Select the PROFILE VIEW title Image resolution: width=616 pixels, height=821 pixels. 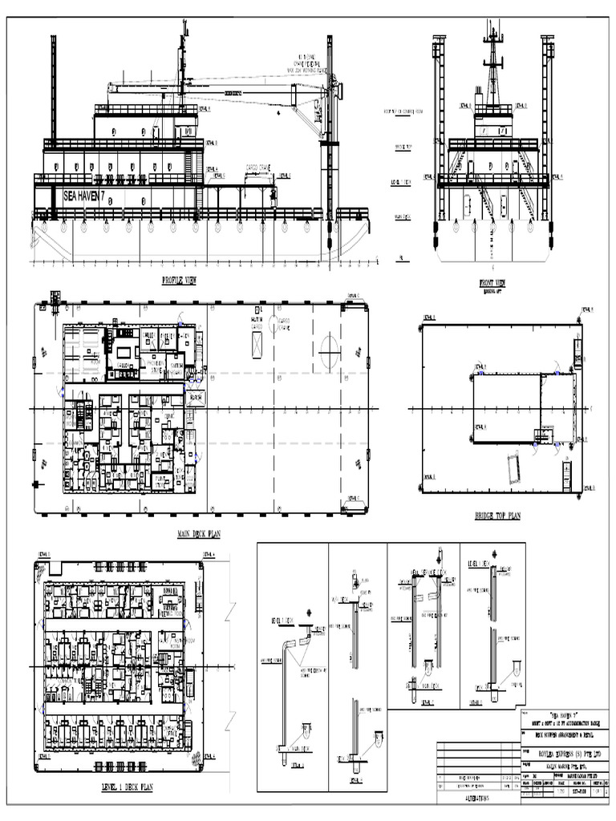point(179,281)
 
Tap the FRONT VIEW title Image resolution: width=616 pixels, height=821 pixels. point(492,282)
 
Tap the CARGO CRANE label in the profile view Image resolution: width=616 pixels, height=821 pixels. point(258,168)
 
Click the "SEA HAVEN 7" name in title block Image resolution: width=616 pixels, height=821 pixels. point(564,713)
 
